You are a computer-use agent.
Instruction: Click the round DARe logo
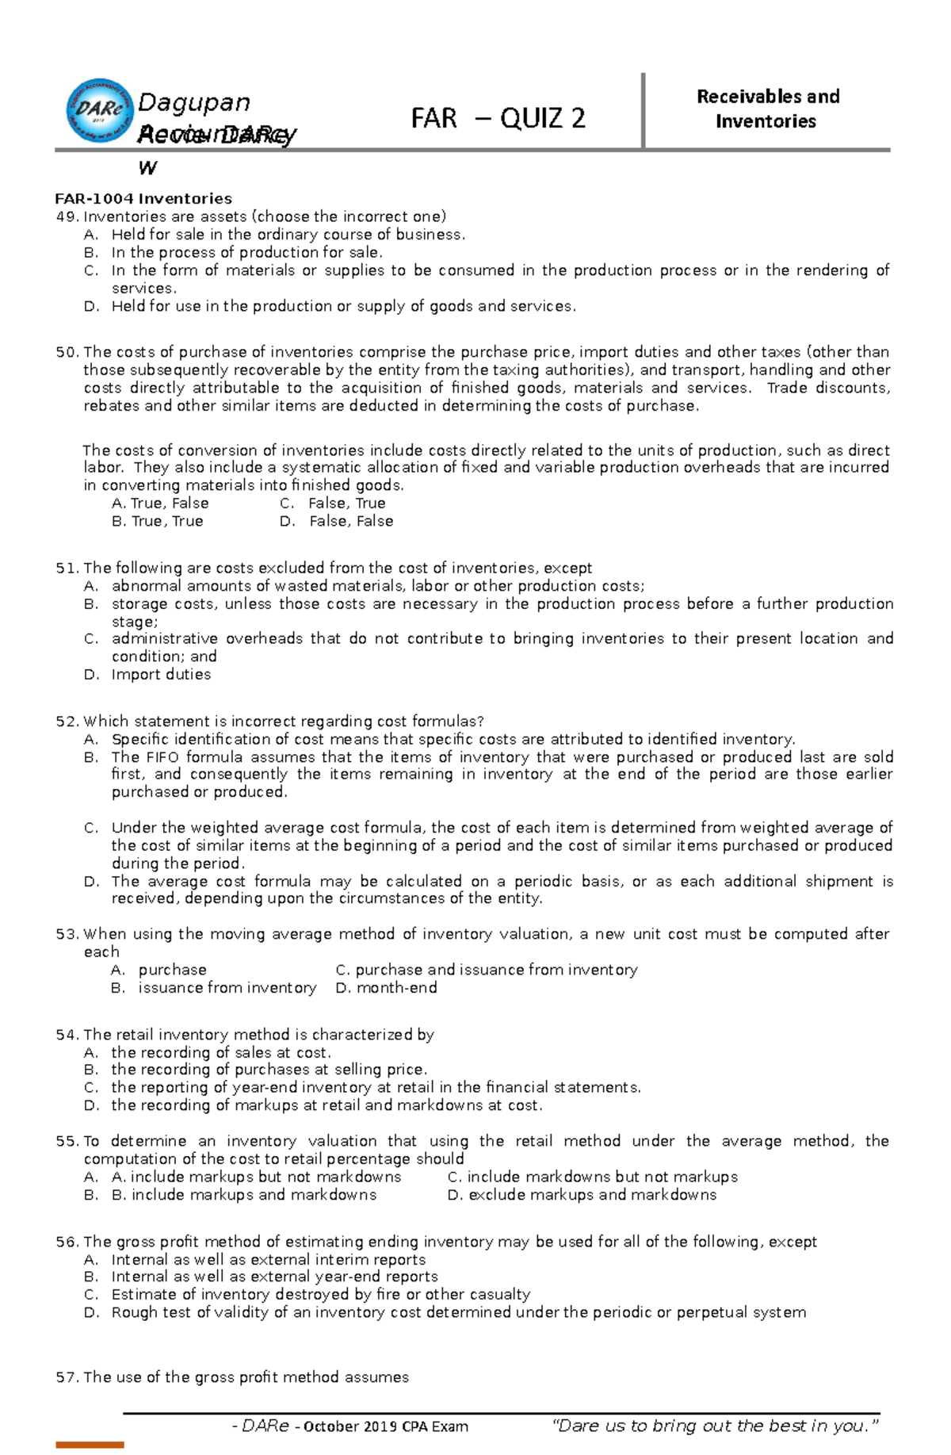click(99, 110)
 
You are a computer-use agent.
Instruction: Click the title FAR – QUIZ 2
click(498, 118)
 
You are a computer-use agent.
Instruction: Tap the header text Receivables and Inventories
click(767, 109)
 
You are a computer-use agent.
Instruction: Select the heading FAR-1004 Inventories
click(143, 198)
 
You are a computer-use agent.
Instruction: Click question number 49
click(67, 216)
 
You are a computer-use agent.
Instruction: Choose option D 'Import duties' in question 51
click(161, 674)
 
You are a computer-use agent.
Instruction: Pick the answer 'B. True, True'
click(158, 521)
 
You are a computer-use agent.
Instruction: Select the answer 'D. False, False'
click(337, 521)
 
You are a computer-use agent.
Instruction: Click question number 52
click(67, 721)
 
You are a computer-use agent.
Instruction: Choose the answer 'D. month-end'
click(386, 987)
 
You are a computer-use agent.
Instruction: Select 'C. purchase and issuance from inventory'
click(486, 970)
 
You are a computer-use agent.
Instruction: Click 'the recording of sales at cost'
click(220, 1052)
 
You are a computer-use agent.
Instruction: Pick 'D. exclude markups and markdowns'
click(582, 1194)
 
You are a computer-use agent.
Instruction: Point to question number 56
click(67, 1242)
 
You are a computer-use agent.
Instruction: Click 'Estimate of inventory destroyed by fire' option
click(320, 1294)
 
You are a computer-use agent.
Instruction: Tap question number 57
click(67, 1377)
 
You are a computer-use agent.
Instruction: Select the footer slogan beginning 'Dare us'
click(715, 1426)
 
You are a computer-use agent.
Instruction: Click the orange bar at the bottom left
click(90, 1445)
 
